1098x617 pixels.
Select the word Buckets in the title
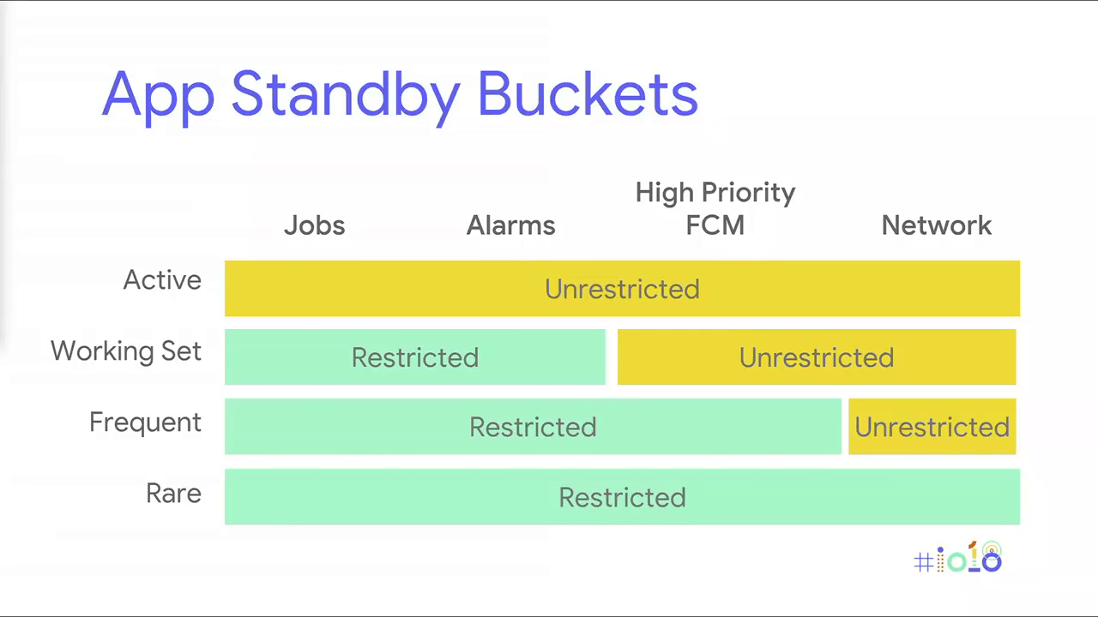coord(588,93)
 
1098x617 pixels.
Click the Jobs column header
coord(315,225)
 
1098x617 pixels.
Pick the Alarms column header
coord(510,225)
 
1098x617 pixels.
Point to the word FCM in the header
coord(715,225)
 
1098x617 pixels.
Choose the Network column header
coord(936,225)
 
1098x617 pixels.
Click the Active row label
coord(162,280)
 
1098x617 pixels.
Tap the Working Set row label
coord(126,351)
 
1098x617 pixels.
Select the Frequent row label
coord(145,422)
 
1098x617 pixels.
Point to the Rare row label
coord(173,493)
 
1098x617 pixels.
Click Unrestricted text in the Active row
coord(622,289)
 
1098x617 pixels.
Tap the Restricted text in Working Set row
coord(415,357)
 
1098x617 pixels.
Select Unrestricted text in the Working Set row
coord(817,357)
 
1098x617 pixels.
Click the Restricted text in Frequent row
coord(533,427)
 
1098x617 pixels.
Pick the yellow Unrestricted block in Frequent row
coord(932,427)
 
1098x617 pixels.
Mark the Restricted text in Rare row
coord(622,498)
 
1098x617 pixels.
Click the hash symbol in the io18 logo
coord(924,562)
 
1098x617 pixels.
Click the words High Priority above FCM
coord(715,193)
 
